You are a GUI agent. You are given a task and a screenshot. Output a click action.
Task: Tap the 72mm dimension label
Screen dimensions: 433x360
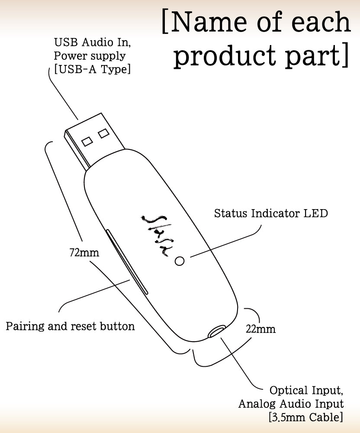point(84,252)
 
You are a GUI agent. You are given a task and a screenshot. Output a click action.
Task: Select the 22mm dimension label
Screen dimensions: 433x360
point(260,329)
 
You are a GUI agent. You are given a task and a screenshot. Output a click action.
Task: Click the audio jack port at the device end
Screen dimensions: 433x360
point(217,332)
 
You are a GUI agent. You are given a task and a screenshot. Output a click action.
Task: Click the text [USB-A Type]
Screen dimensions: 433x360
point(92,69)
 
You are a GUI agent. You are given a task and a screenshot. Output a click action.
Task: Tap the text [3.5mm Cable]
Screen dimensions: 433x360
point(306,418)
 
